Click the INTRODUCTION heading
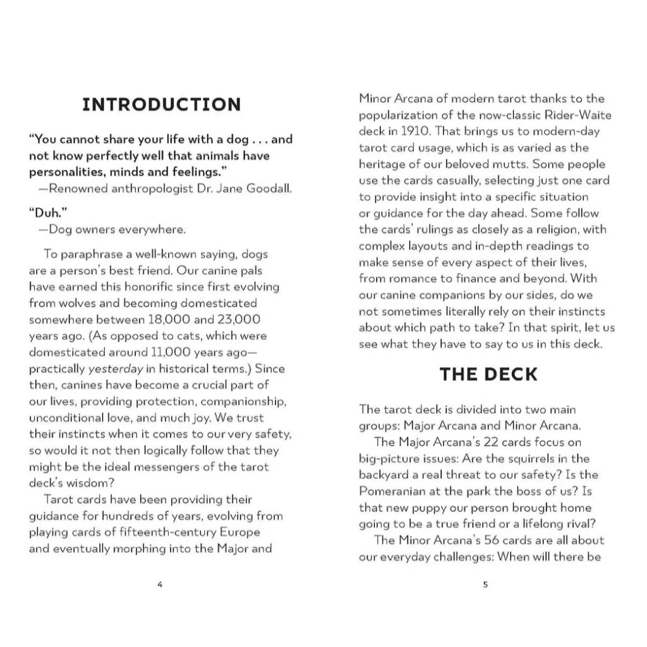click(x=162, y=104)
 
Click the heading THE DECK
click(x=488, y=374)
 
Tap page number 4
click(x=159, y=584)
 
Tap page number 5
click(x=485, y=584)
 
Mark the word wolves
click(x=75, y=303)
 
